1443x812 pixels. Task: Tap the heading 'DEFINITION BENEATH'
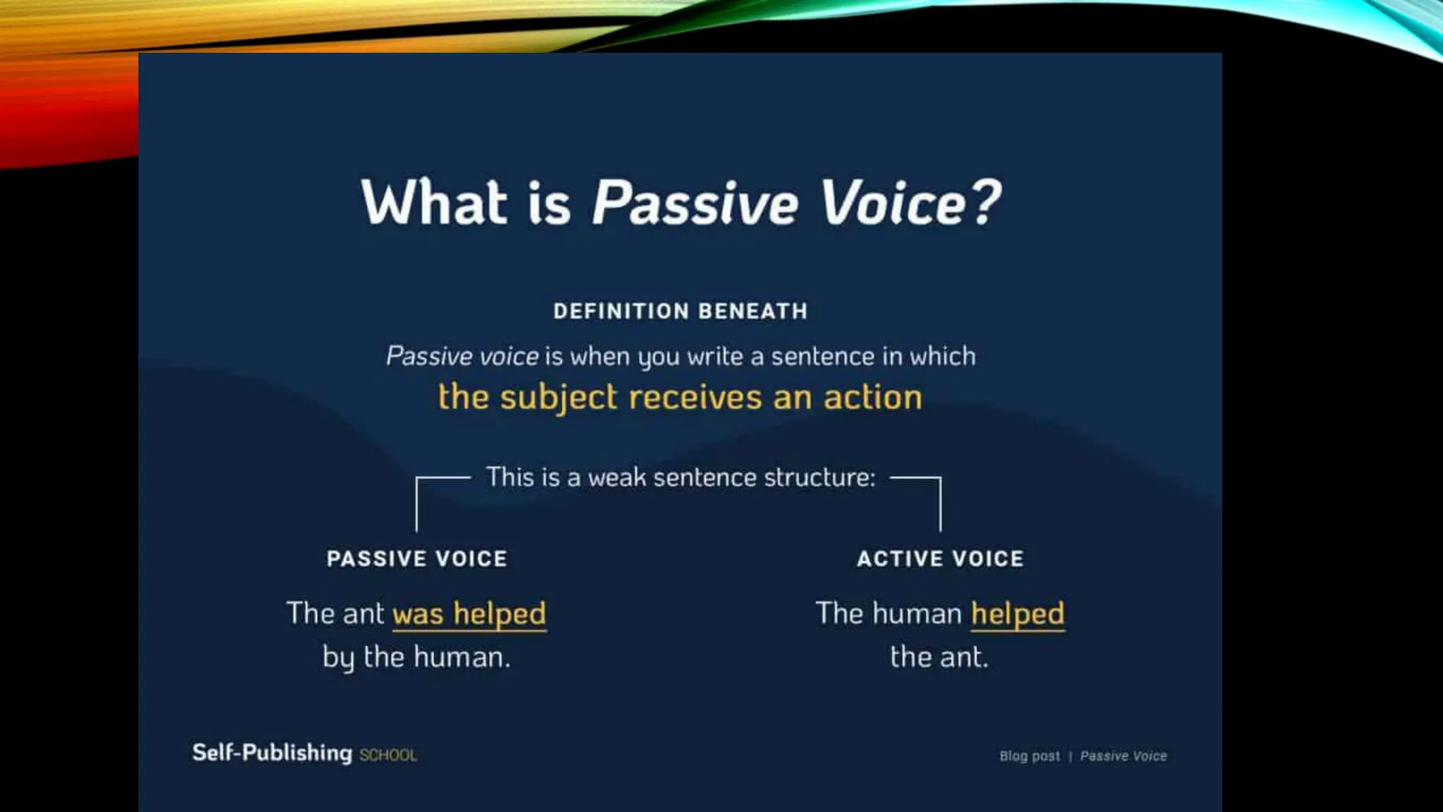(x=680, y=311)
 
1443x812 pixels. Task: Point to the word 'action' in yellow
(x=872, y=398)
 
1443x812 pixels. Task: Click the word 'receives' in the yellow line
(x=695, y=398)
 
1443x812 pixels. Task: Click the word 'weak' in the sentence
(x=617, y=477)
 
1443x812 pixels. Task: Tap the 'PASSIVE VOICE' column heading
(x=416, y=559)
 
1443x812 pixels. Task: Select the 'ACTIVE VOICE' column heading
(x=940, y=559)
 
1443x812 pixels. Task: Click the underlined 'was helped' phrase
(x=469, y=614)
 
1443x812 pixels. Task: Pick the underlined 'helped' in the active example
(x=1017, y=614)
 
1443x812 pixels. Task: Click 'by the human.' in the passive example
(x=416, y=658)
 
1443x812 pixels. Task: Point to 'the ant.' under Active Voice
(x=939, y=658)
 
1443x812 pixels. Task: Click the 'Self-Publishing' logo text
(x=272, y=753)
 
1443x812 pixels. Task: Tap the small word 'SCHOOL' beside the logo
(x=388, y=756)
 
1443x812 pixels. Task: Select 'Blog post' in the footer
(x=1029, y=756)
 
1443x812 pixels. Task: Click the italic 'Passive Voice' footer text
(x=1123, y=756)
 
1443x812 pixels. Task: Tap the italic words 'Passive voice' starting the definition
(x=462, y=357)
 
